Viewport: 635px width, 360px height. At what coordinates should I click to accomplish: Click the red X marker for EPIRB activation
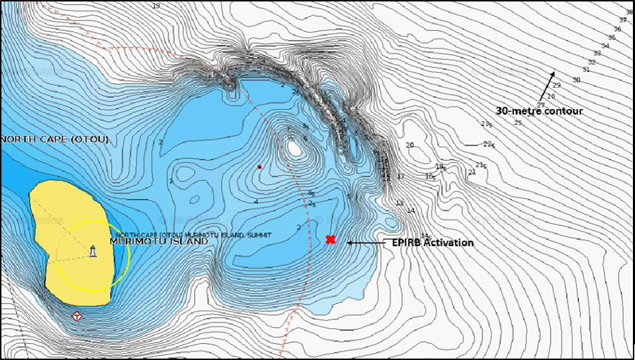click(x=331, y=240)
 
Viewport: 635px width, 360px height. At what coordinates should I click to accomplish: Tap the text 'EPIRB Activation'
click(x=432, y=243)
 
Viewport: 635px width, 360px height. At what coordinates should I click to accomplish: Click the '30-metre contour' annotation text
click(x=539, y=111)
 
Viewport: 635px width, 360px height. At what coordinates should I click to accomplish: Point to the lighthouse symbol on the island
click(x=93, y=251)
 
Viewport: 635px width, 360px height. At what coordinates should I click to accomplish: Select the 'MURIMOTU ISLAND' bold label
click(x=158, y=241)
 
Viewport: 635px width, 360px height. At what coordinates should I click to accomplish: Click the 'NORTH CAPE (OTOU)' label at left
click(x=55, y=139)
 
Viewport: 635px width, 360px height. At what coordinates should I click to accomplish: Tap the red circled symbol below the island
click(x=76, y=316)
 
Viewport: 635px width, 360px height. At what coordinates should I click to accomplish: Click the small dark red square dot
click(x=259, y=167)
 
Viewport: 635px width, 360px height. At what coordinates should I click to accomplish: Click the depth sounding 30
click(x=576, y=80)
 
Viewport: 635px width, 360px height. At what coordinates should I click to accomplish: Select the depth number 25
click(x=518, y=123)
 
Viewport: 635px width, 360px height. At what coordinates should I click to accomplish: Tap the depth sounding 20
click(x=410, y=145)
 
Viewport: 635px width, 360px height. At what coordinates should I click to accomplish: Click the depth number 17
click(x=401, y=176)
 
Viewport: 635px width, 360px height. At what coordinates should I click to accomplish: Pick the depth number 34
click(x=605, y=46)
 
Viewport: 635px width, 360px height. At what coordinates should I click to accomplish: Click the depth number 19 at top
click(x=156, y=6)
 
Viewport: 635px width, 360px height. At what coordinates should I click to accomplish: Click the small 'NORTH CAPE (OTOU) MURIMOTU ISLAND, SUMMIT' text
click(x=193, y=234)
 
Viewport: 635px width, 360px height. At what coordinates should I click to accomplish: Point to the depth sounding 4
click(x=256, y=201)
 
